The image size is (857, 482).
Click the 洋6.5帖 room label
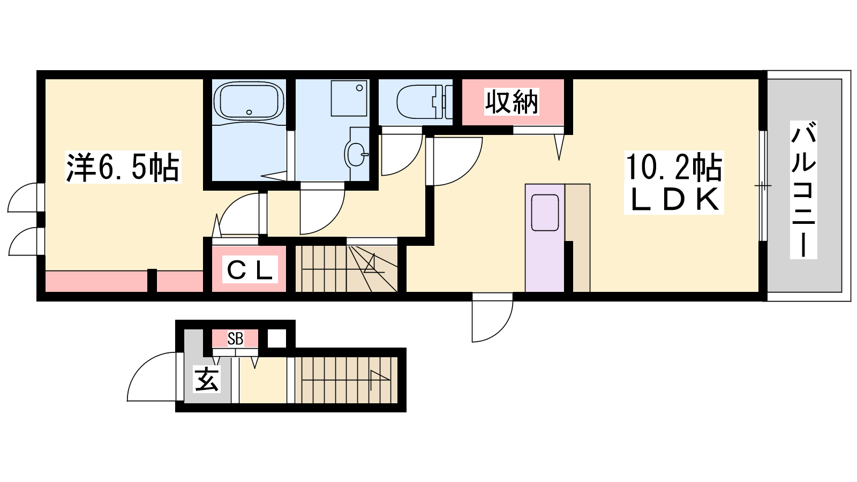tap(123, 167)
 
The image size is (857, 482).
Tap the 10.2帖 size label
tap(674, 167)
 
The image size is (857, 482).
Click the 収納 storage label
tap(512, 102)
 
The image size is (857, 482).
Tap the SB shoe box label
tap(235, 338)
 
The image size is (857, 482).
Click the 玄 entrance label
tap(207, 379)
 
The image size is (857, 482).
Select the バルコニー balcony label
tap(803, 190)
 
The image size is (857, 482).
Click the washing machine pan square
tap(349, 98)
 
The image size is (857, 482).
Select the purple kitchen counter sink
tap(545, 212)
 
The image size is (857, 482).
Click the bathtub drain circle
tap(249, 112)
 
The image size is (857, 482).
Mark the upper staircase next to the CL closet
tap(346, 268)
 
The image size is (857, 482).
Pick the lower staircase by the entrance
tap(346, 380)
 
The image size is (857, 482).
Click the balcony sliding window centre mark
tap(763, 186)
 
